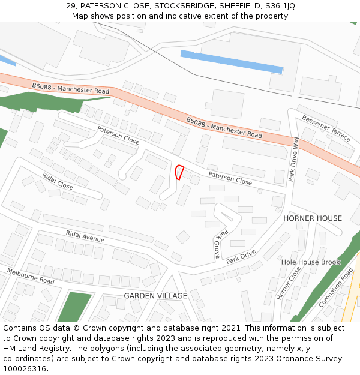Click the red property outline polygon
tap(179, 172)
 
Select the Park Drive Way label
tap(294, 159)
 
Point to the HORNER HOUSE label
tap(313, 218)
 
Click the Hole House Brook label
tap(311, 262)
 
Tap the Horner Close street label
tap(289, 283)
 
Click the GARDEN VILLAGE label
tap(155, 296)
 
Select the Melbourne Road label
tap(31, 277)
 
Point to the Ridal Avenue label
tap(85, 237)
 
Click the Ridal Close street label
tap(58, 181)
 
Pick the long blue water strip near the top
tap(232, 62)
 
